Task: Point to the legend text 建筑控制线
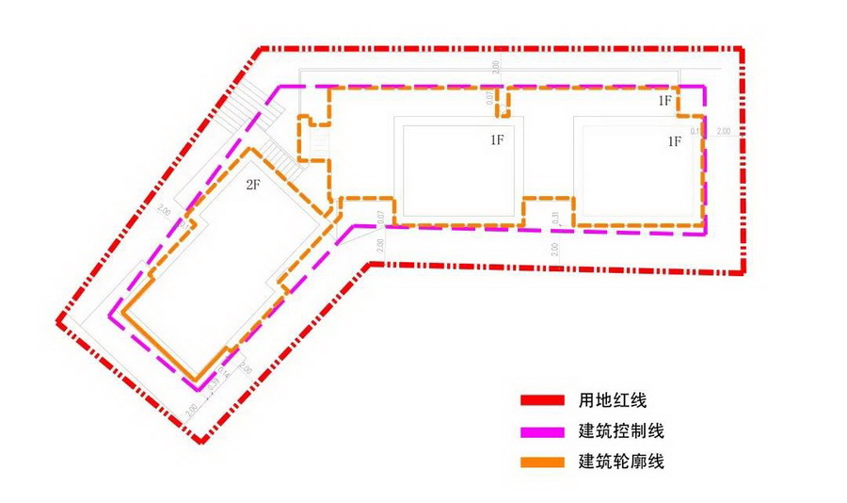pyautogui.click(x=622, y=431)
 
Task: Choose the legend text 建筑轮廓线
pyautogui.click(x=622, y=462)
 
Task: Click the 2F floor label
pyautogui.click(x=252, y=185)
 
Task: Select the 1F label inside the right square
pyautogui.click(x=674, y=141)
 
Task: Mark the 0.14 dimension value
pyautogui.click(x=695, y=131)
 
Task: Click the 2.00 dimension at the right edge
pyautogui.click(x=723, y=131)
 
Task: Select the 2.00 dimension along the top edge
pyautogui.click(x=496, y=66)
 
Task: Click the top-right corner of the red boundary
pyautogui.click(x=741, y=48)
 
